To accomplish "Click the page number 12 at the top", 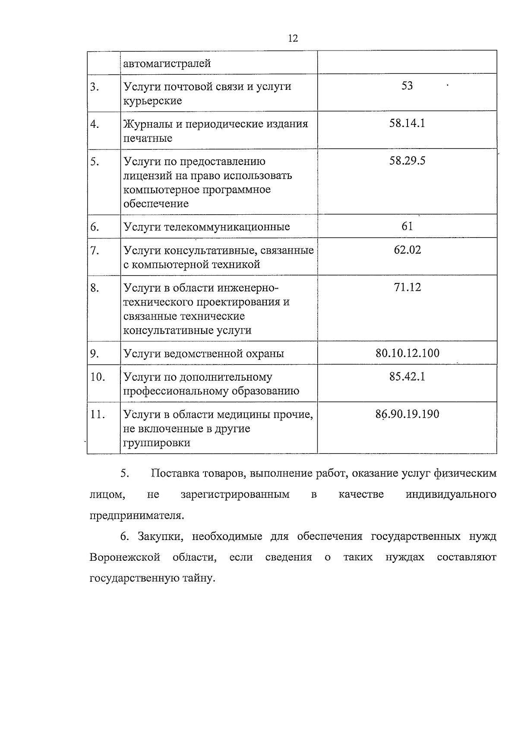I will tap(293, 38).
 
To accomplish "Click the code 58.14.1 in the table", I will tap(407, 124).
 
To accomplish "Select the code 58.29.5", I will tap(407, 161).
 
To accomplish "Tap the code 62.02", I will tap(407, 250).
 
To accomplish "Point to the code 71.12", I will tap(407, 287).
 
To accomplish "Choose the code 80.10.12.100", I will tap(407, 353).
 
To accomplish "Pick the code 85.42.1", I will tap(407, 377).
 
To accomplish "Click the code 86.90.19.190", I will tap(407, 414).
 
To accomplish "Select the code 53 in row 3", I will tap(407, 86).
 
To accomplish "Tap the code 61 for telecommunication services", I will tap(407, 226).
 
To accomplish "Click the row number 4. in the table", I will tap(95, 124).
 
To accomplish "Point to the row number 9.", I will tap(95, 354).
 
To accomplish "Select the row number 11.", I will tap(98, 415).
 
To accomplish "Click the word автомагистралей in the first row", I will tap(167, 64).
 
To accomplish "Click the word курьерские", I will tap(152, 101).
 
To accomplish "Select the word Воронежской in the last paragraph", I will tap(125, 557).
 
